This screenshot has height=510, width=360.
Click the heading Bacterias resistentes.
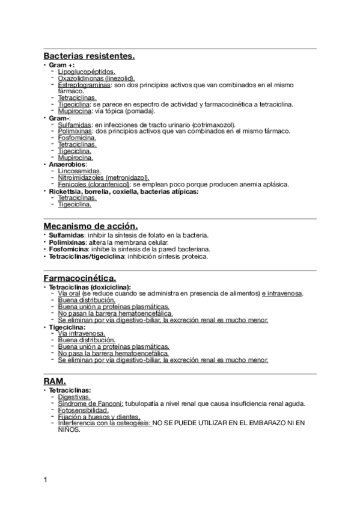pyautogui.click(x=89, y=57)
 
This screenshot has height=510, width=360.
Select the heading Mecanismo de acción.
pyautogui.click(x=91, y=226)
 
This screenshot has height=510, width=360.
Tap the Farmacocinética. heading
pyautogui.click(x=80, y=278)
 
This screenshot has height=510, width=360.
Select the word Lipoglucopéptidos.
pyautogui.click(x=82, y=72)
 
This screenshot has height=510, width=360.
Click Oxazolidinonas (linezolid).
pyautogui.click(x=96, y=78)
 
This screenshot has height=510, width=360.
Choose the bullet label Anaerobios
pyautogui.click(x=68, y=164)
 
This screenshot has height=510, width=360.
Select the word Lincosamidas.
pyautogui.click(x=79, y=171)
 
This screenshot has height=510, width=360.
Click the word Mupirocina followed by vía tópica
pyautogui.click(x=75, y=111)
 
